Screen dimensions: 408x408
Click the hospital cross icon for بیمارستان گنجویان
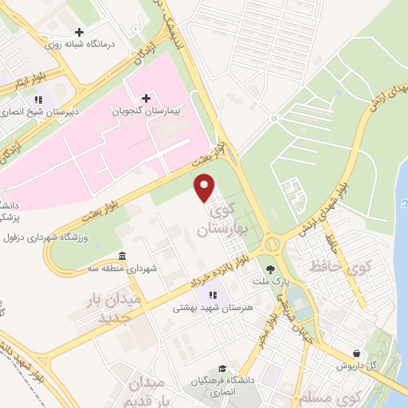tap(146, 98)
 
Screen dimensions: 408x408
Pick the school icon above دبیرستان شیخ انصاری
tap(37, 100)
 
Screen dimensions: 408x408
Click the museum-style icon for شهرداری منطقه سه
tap(121, 256)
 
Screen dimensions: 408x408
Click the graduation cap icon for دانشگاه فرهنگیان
tap(223, 369)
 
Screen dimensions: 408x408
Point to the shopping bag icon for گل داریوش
tap(356, 352)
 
